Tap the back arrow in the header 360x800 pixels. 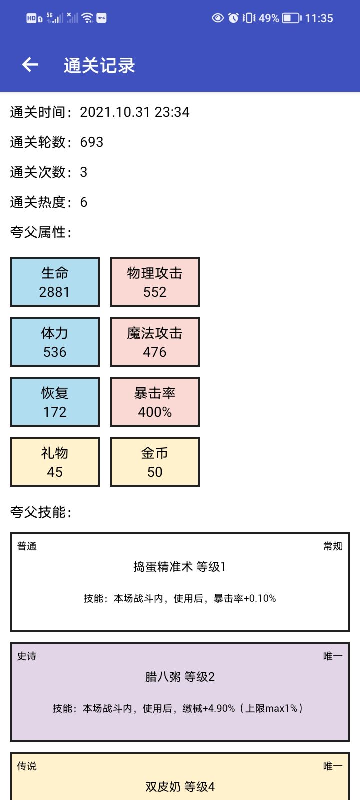point(30,64)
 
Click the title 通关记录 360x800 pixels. point(99,65)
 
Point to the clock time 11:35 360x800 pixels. point(319,18)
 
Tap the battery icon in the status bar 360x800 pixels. point(292,18)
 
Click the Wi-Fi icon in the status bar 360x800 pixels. point(87,18)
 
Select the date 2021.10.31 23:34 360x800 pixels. point(134,112)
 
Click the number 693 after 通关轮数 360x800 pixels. point(92,142)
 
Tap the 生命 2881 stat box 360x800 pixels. point(55,282)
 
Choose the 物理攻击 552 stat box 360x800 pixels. point(155,282)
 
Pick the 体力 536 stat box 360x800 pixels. point(55,342)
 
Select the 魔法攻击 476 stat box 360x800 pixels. point(155,342)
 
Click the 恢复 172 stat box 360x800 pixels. point(55,402)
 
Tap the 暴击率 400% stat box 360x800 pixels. point(155,402)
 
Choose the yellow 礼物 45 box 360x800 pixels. point(55,462)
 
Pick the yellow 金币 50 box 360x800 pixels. point(155,462)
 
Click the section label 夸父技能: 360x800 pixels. point(41,512)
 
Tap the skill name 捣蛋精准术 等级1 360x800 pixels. point(179,567)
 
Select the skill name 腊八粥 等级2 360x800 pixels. point(180,677)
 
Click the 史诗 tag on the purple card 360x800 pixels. point(27,656)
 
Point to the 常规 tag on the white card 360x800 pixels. point(333,546)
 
